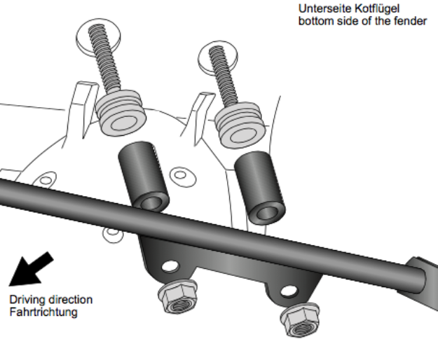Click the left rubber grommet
point(119,112)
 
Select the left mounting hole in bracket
point(169,266)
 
